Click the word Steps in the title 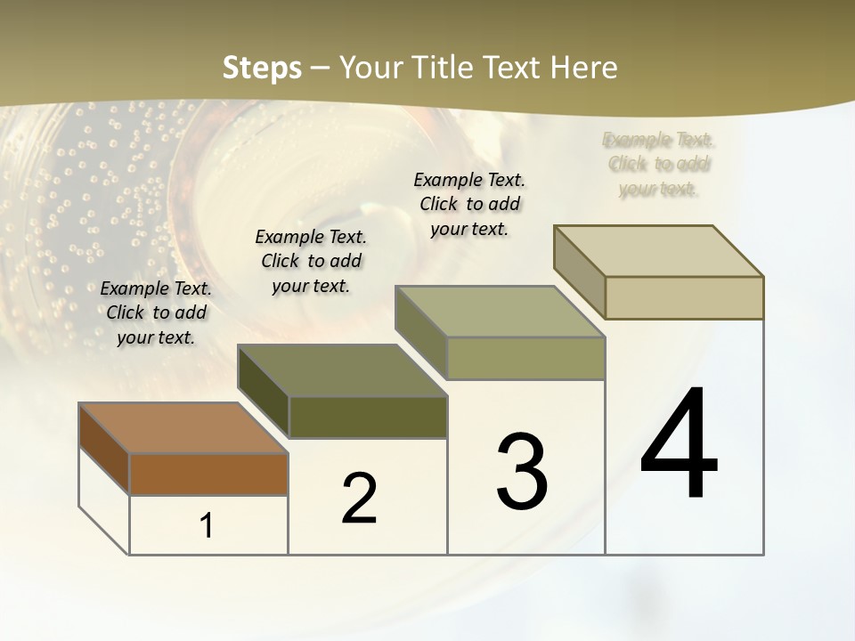(262, 68)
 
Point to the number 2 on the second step (360, 499)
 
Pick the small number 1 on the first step (207, 526)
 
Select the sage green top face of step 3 (500, 312)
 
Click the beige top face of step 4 (658, 251)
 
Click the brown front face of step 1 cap (208, 474)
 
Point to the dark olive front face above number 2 (368, 417)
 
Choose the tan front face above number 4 (684, 297)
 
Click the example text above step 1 (156, 312)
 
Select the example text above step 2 (311, 261)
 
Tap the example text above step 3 (469, 204)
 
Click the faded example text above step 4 (659, 165)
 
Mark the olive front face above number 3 (525, 358)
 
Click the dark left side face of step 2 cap (264, 393)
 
